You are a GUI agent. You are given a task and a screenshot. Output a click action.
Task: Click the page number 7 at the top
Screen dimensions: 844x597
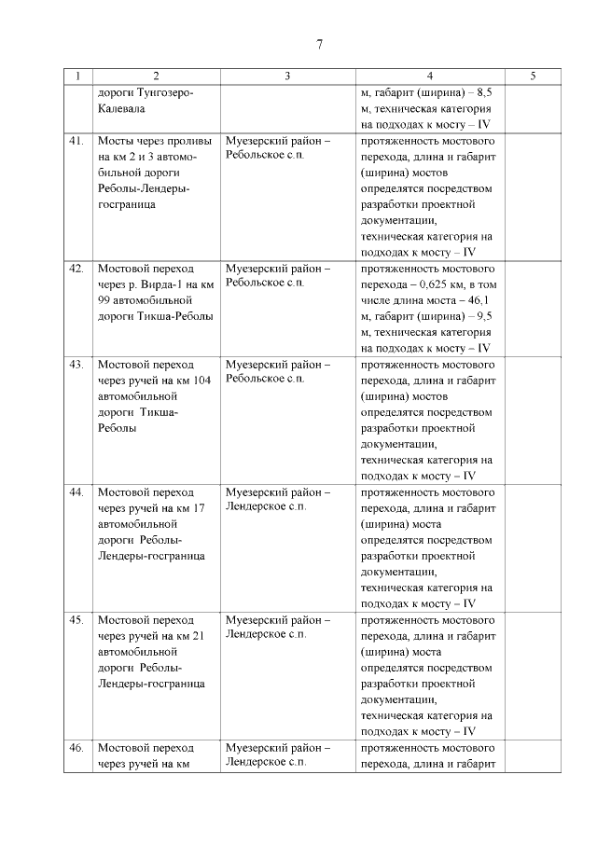point(319,45)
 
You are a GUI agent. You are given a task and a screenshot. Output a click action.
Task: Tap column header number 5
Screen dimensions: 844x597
point(532,76)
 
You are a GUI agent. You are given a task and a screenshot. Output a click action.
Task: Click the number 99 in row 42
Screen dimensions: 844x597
point(104,300)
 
